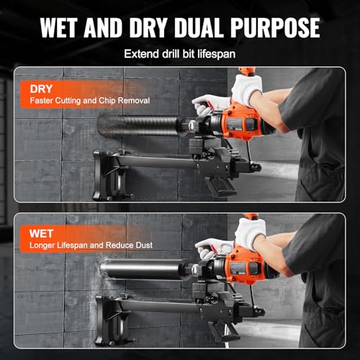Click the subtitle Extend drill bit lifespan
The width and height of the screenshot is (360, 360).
pos(179,54)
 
